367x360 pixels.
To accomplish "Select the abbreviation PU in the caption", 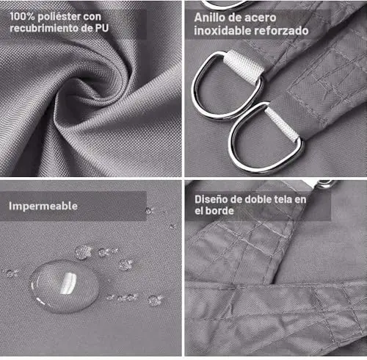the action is (x=102, y=28).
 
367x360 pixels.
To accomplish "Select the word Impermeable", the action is (x=43, y=206).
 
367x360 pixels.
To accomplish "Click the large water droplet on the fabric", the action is (x=65, y=287).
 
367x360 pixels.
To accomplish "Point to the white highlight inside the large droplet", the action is (x=68, y=283).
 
